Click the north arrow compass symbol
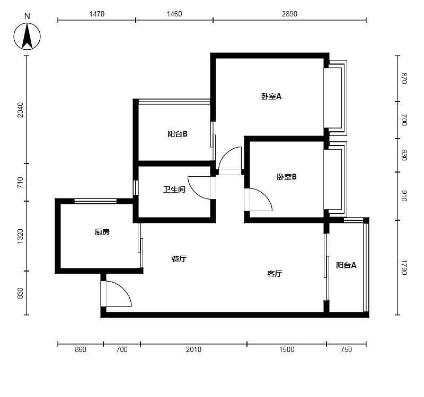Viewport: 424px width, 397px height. click(x=27, y=37)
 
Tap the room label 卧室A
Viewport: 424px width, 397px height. click(x=271, y=96)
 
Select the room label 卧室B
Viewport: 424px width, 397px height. click(x=287, y=177)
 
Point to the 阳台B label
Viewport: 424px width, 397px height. click(x=178, y=134)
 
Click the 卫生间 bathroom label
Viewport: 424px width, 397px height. click(x=174, y=190)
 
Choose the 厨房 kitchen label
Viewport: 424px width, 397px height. click(x=102, y=232)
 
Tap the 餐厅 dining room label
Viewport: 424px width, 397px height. click(x=179, y=259)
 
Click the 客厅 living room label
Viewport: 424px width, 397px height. click(x=275, y=274)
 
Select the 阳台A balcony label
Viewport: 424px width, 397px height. click(x=346, y=265)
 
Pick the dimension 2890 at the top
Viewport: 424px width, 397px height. click(x=289, y=14)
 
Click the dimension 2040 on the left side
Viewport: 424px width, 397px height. click(x=20, y=110)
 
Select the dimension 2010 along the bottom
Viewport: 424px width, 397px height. click(x=193, y=349)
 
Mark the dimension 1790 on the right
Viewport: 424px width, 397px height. click(x=404, y=268)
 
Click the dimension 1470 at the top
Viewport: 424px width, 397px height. click(x=97, y=14)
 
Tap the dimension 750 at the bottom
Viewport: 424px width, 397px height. click(x=347, y=349)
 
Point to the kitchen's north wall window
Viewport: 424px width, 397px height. click(x=95, y=201)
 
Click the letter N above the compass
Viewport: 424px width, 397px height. click(x=27, y=16)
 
